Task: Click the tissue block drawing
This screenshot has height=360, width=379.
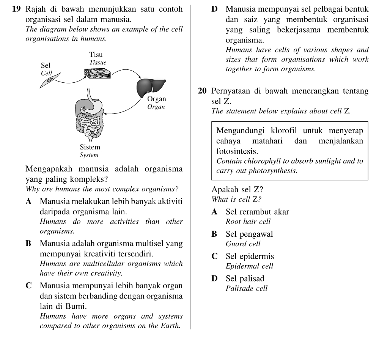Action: pos(98,73)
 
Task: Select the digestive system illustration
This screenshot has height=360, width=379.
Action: pos(90,116)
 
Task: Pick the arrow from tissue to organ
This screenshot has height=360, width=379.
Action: pos(125,72)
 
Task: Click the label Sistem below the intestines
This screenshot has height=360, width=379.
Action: pos(90,147)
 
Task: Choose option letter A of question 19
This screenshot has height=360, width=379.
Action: pos(29,201)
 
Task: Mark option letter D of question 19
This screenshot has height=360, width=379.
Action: pos(214,9)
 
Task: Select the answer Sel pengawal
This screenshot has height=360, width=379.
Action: pos(249,234)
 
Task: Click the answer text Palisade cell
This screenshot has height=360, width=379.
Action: pos(246,289)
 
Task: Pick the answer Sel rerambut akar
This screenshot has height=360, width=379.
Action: pos(257,212)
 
